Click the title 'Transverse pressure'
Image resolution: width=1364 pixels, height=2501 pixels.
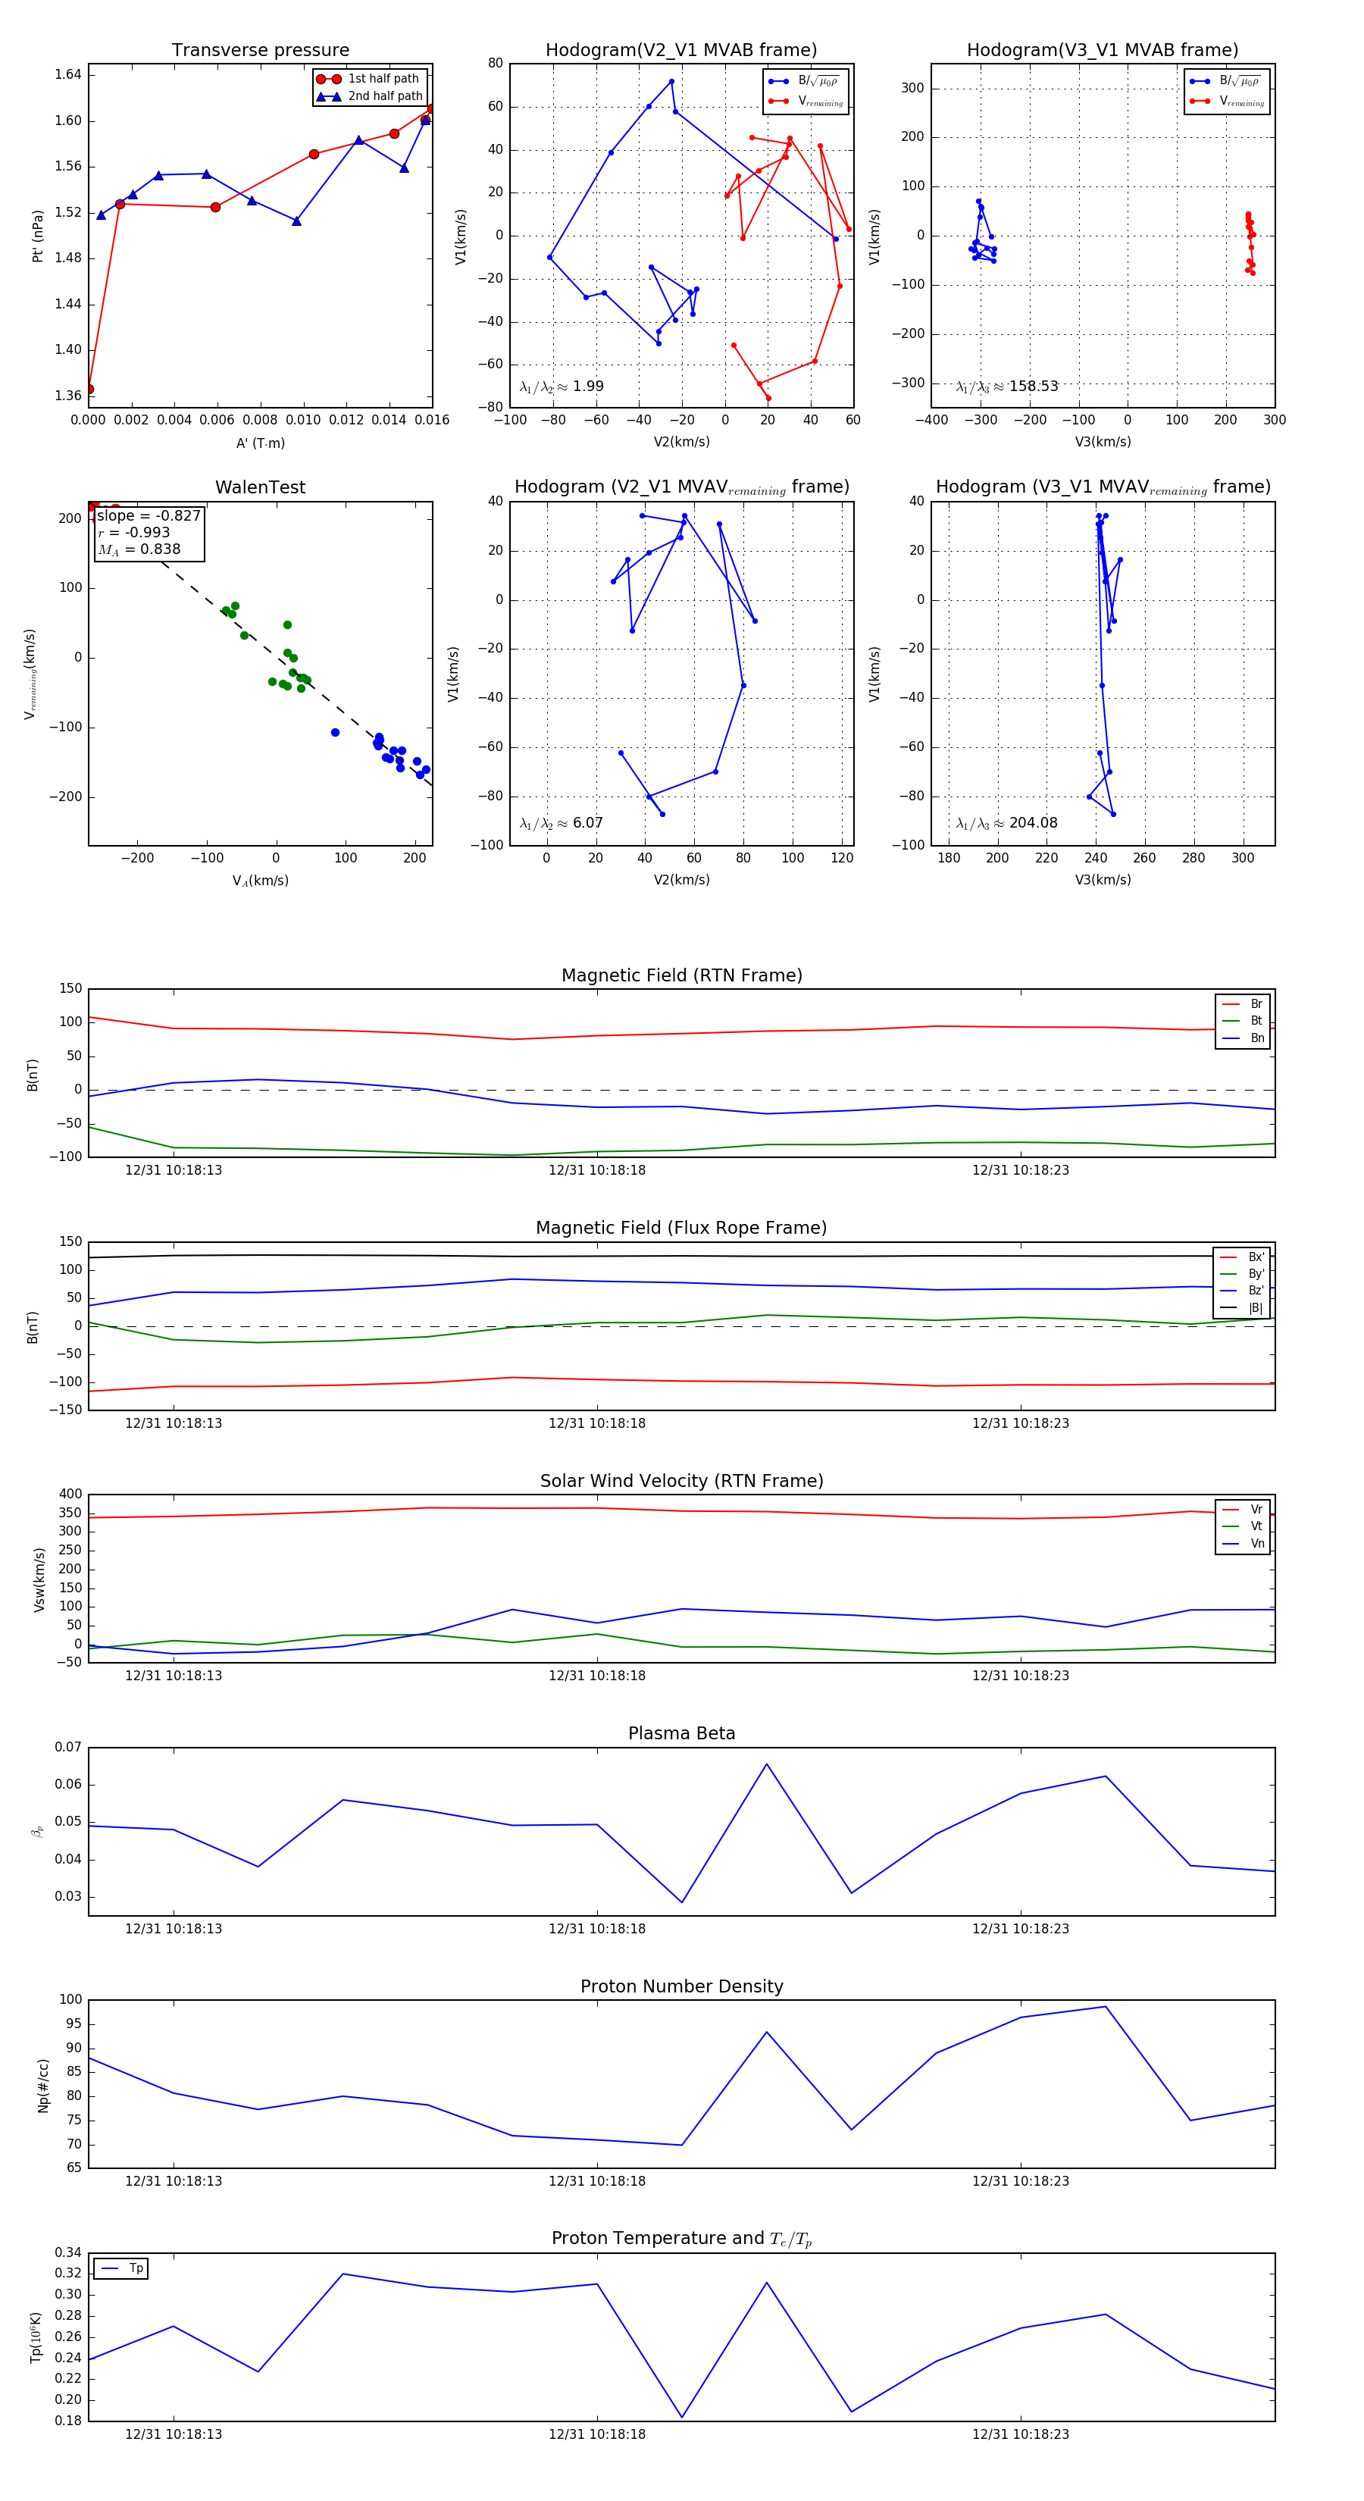click(x=260, y=51)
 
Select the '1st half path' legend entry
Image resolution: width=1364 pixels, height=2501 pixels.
click(x=383, y=79)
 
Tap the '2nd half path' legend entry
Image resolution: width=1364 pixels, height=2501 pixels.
click(x=384, y=96)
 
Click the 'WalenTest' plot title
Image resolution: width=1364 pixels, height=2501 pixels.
click(x=260, y=487)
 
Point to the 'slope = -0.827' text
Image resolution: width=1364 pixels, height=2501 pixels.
click(x=149, y=515)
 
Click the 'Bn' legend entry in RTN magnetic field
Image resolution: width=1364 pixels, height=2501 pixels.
click(x=1256, y=1038)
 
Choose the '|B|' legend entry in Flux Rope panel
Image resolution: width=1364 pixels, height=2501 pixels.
click(x=1254, y=1308)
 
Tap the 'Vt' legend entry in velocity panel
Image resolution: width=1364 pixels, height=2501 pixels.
click(x=1256, y=1526)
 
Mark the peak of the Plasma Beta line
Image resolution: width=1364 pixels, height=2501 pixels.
click(x=766, y=1764)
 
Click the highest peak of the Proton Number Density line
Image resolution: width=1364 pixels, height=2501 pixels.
click(x=1105, y=2007)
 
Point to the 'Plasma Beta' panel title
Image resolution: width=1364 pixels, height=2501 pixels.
click(x=681, y=1734)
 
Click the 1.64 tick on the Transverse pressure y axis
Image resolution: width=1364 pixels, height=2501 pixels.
click(x=68, y=75)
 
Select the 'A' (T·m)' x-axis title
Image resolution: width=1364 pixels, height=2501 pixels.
click(x=260, y=443)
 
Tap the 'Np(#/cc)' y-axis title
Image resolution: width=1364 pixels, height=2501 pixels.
click(x=42, y=2086)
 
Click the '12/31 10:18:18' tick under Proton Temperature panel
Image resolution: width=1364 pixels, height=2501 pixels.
click(x=596, y=2434)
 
